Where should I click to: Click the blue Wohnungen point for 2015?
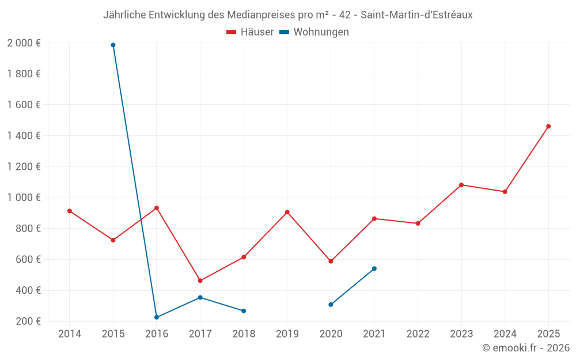coord(113,45)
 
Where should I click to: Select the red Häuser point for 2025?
coord(548,126)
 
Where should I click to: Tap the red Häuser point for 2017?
coord(200,281)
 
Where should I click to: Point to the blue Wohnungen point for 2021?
coord(374,268)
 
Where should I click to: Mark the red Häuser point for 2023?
coord(461,185)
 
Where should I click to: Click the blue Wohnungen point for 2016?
coord(157,317)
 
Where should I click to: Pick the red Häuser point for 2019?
coord(287,212)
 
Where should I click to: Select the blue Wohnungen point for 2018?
coord(244,311)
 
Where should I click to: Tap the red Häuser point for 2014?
coord(70,211)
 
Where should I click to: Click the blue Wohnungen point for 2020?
coord(331,305)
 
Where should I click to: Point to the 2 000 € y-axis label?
coord(24,43)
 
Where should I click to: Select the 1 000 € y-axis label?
coord(24,198)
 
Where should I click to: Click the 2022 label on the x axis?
coord(418,334)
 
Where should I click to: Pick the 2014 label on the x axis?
coord(70,334)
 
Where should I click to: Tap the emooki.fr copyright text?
coord(526,348)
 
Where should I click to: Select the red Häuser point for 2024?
coord(505,192)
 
